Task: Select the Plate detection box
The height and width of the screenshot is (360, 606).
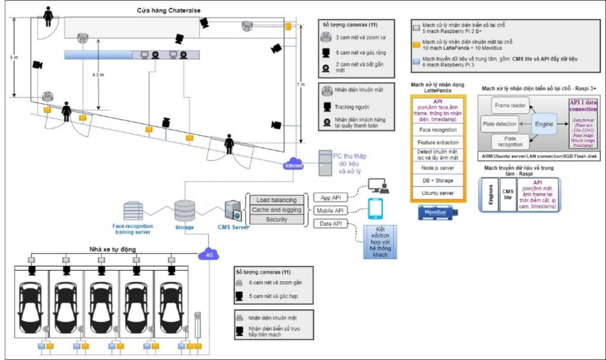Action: coord(500,124)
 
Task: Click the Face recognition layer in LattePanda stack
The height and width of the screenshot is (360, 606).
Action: coord(438,128)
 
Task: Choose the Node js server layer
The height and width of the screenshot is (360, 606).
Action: coord(438,168)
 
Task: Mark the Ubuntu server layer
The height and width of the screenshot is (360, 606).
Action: coord(438,193)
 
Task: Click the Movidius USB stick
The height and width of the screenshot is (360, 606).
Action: coord(438,213)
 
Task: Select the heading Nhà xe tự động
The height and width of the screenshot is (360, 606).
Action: coord(112,249)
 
